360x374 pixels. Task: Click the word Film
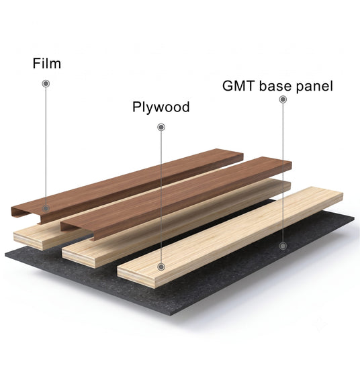click(x=47, y=63)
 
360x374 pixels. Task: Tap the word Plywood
click(x=161, y=107)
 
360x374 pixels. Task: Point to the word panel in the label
click(x=314, y=87)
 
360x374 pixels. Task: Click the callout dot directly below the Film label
click(x=46, y=83)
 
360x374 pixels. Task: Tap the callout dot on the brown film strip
click(x=46, y=208)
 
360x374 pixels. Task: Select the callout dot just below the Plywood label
click(x=161, y=127)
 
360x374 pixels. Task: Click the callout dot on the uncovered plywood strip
click(x=161, y=267)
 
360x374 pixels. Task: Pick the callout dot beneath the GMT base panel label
click(x=283, y=99)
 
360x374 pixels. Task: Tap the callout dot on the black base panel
click(x=283, y=246)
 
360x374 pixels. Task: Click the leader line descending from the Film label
click(x=46, y=146)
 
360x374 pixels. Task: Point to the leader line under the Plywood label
click(x=161, y=197)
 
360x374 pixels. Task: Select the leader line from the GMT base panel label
click(x=283, y=173)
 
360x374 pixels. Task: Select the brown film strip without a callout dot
click(x=176, y=198)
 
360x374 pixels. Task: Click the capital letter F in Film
click(x=36, y=63)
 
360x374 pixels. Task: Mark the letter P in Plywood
click(x=136, y=107)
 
